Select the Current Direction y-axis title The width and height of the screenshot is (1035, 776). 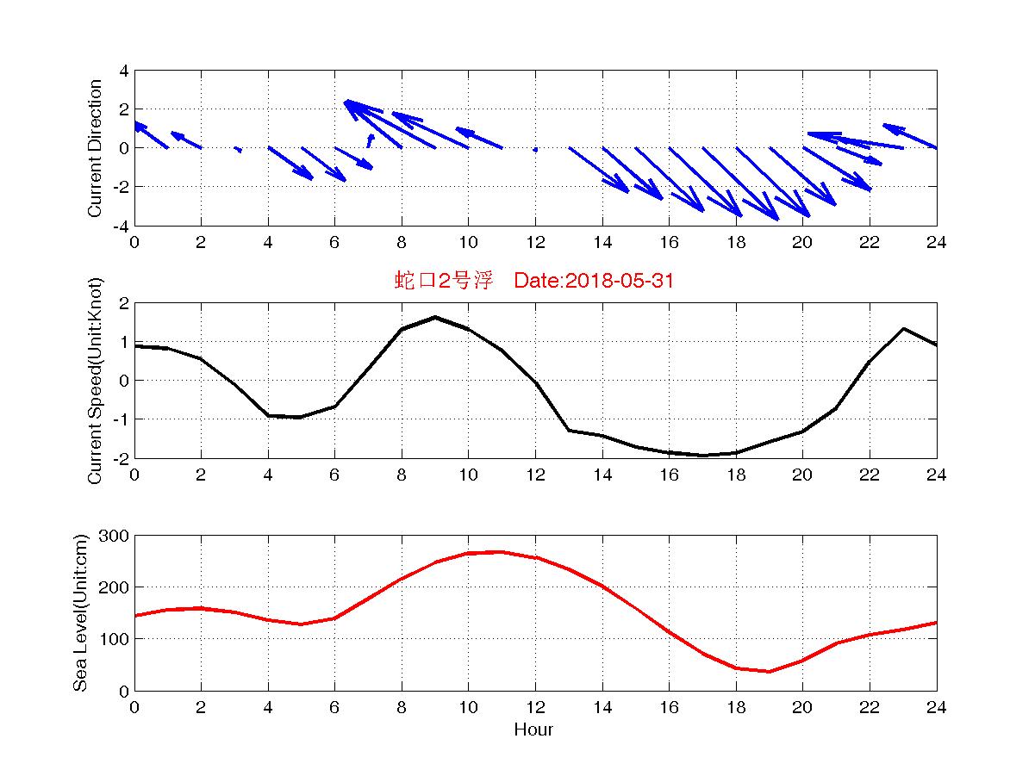95,148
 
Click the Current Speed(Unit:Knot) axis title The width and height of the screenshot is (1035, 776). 95,380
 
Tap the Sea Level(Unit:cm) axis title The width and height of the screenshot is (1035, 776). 80,612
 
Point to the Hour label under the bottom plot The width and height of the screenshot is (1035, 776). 533,730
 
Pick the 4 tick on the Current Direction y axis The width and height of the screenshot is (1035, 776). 124,71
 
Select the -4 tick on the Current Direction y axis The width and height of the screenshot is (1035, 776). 121,226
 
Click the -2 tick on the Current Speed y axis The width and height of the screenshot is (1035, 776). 121,458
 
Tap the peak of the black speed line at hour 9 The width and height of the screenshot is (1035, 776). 435,317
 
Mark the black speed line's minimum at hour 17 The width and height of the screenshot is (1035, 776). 702,455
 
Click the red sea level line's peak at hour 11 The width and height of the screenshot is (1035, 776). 502,552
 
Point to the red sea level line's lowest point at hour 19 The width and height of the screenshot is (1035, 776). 770,671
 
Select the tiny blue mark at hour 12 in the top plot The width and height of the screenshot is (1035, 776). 535,149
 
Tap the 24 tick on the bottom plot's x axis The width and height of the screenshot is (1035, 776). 937,707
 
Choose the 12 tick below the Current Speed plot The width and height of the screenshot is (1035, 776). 535,475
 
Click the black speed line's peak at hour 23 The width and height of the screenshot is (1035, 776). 903,329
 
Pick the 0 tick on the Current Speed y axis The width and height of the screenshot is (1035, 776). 124,381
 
